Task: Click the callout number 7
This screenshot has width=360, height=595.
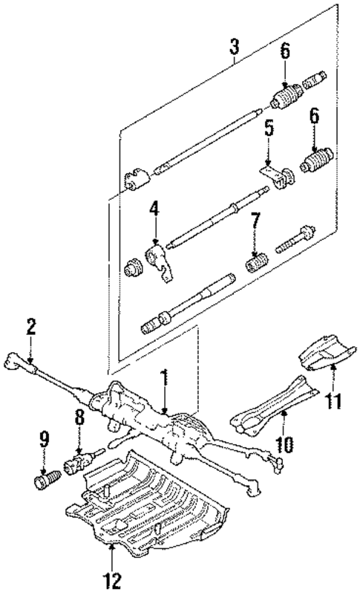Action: coord(255,221)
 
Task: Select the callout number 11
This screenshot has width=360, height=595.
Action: coord(334,403)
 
